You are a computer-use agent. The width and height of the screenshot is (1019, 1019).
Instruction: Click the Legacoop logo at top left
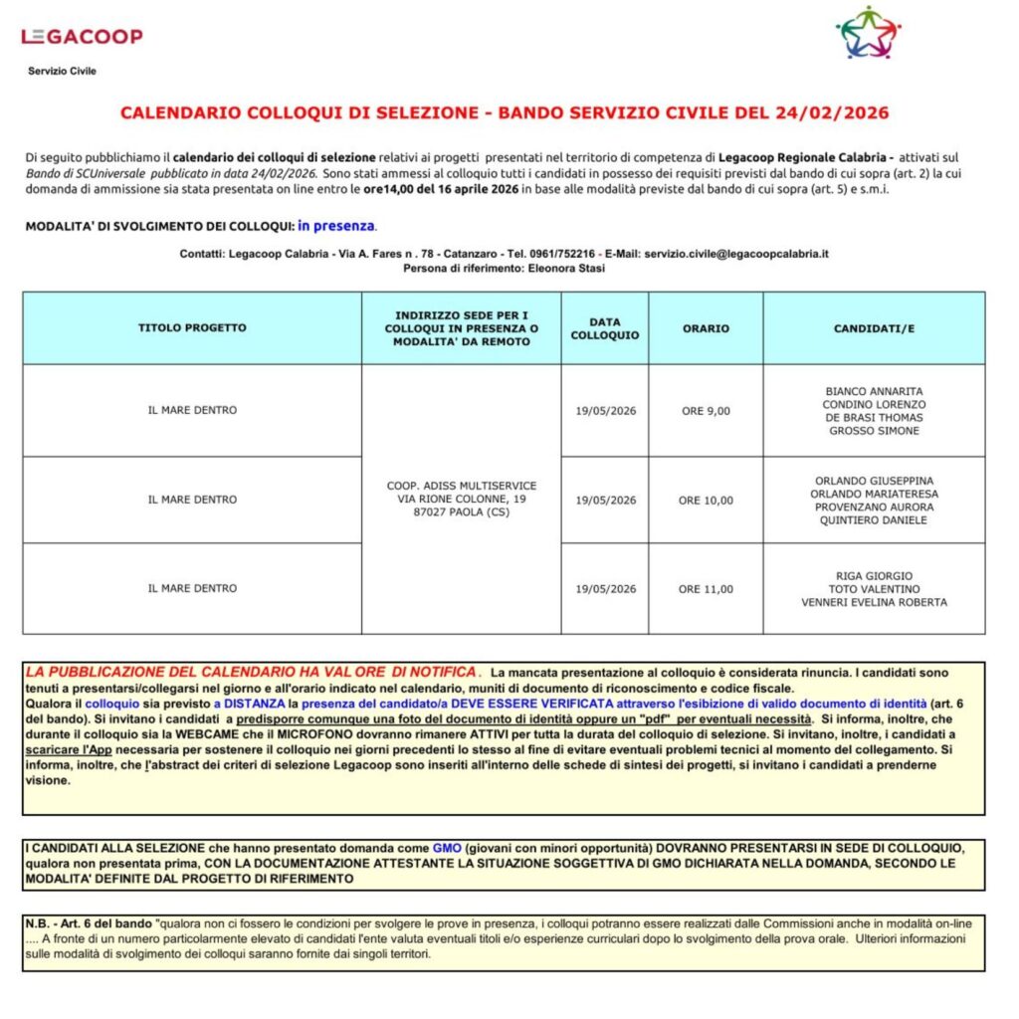coord(82,37)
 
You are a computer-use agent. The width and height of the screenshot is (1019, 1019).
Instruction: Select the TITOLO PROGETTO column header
coord(192,327)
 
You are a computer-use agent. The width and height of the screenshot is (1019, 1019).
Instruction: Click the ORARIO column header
coord(706,328)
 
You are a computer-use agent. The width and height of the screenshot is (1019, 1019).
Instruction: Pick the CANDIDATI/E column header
coord(874,328)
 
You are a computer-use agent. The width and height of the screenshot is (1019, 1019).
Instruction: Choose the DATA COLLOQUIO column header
coord(605,328)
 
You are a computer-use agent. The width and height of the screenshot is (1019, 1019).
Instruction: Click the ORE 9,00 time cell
coord(706,411)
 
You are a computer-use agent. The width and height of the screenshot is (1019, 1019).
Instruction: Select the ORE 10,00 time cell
coord(706,501)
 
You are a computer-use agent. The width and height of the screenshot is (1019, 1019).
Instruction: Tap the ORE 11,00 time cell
coord(706,589)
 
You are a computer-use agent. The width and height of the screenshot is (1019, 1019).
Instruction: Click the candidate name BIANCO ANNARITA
coord(874,392)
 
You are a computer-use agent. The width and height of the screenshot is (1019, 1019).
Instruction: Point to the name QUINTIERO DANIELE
coord(874,520)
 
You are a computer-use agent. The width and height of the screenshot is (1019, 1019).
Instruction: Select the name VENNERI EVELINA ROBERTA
coord(874,602)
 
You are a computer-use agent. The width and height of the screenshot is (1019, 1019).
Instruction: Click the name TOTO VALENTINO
coord(874,589)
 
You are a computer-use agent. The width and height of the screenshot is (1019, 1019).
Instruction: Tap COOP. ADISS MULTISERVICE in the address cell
coord(461,486)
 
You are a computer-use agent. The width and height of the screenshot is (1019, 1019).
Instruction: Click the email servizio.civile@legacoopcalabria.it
coord(736,254)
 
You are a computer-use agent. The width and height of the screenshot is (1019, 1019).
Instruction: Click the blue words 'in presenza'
coord(336,226)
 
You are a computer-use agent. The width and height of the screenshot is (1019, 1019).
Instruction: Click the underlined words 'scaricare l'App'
coord(67,747)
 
